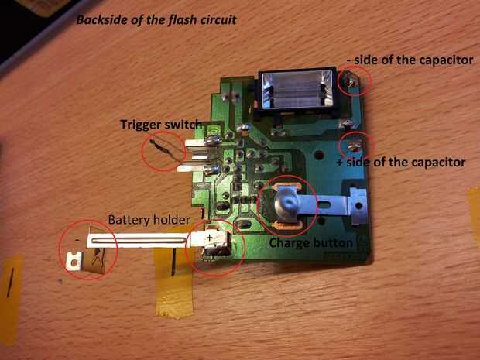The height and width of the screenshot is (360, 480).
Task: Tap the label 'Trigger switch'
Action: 160,124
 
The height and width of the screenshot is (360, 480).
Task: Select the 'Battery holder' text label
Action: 148,220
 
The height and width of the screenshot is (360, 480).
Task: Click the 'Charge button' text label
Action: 310,242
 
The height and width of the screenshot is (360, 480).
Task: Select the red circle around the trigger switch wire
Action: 165,151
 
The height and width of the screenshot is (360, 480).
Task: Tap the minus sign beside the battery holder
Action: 78,239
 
